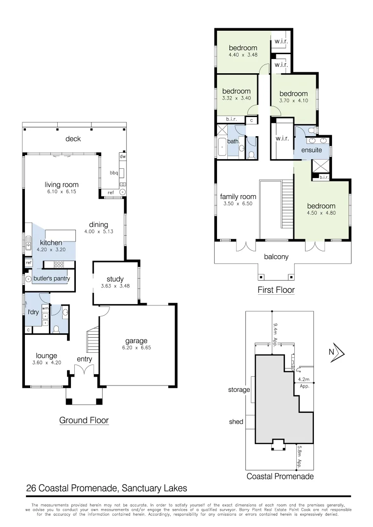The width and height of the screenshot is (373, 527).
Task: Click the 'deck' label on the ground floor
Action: click(73, 139)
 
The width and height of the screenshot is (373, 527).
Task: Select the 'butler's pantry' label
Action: click(51, 279)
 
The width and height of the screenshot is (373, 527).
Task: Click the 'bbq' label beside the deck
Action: click(114, 173)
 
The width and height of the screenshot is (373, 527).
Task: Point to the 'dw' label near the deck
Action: click(123, 157)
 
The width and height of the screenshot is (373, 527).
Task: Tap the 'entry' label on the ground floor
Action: click(85, 359)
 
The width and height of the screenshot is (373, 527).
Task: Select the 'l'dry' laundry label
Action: click(33, 312)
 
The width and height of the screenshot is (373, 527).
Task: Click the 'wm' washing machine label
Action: click(45, 308)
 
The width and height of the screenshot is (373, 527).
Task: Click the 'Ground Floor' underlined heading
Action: click(84, 420)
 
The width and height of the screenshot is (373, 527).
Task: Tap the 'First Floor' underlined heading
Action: click(276, 290)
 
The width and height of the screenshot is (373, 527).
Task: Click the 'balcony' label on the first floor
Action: click(276, 257)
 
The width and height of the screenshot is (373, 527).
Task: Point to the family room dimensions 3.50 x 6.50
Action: click(238, 204)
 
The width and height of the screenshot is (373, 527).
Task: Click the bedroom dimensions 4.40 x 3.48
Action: click(243, 55)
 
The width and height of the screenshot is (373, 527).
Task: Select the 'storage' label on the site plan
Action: click(239, 390)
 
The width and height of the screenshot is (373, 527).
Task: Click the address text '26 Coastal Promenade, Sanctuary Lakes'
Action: click(106, 488)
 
